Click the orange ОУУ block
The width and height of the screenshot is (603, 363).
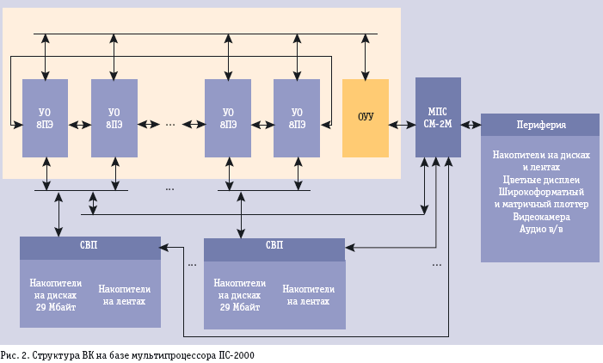(366, 118)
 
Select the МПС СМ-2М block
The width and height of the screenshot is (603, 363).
(438, 117)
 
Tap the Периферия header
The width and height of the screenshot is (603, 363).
(540, 125)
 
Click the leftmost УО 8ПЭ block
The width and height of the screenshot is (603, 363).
(45, 118)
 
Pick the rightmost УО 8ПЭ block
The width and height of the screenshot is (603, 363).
(297, 118)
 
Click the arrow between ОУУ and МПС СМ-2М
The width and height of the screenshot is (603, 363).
(402, 125)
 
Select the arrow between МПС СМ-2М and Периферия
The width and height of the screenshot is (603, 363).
(471, 125)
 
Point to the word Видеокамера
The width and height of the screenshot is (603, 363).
(541, 217)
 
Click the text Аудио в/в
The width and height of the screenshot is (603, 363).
(541, 229)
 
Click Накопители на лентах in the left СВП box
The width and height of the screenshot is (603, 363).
(124, 295)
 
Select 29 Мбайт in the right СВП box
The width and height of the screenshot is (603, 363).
(240, 307)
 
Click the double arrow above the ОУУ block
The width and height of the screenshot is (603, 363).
(366, 57)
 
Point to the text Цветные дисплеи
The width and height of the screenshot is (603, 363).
(541, 180)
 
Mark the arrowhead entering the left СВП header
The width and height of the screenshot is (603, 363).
(164, 247)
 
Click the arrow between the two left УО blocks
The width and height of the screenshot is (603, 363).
(80, 125)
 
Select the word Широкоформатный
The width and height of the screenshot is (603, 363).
(541, 192)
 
